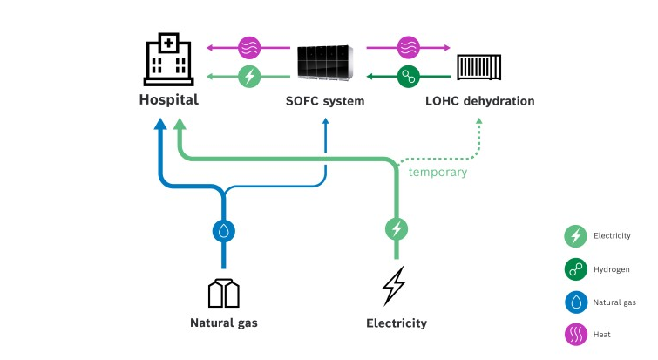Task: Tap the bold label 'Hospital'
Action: coord(168,99)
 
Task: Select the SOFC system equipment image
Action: coord(324,60)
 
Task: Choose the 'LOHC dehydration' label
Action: coord(479,101)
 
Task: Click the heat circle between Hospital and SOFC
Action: coord(250,47)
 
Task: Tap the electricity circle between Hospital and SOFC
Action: coord(250,77)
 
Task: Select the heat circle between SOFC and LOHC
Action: coord(408,47)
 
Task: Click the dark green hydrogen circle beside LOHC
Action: coord(408,77)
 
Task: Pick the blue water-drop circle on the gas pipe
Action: coord(224,231)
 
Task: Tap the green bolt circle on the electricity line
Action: coord(397,230)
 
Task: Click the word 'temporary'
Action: coord(438,172)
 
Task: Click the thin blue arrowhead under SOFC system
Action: coord(326,125)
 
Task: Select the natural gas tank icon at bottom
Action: coord(224,293)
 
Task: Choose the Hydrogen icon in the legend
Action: coord(574,269)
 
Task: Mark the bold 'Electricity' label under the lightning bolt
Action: coord(397,323)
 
